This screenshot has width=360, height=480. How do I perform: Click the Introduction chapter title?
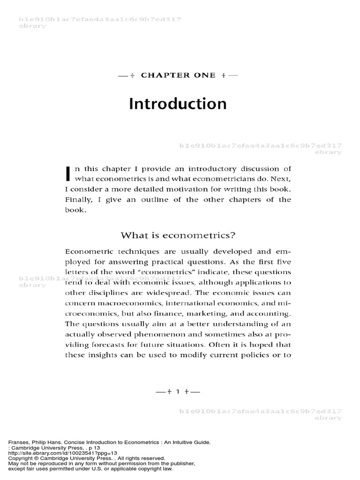tap(178, 104)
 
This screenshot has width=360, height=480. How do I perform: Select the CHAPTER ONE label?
tap(178, 75)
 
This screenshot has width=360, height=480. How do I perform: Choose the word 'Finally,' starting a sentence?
tap(78, 200)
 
